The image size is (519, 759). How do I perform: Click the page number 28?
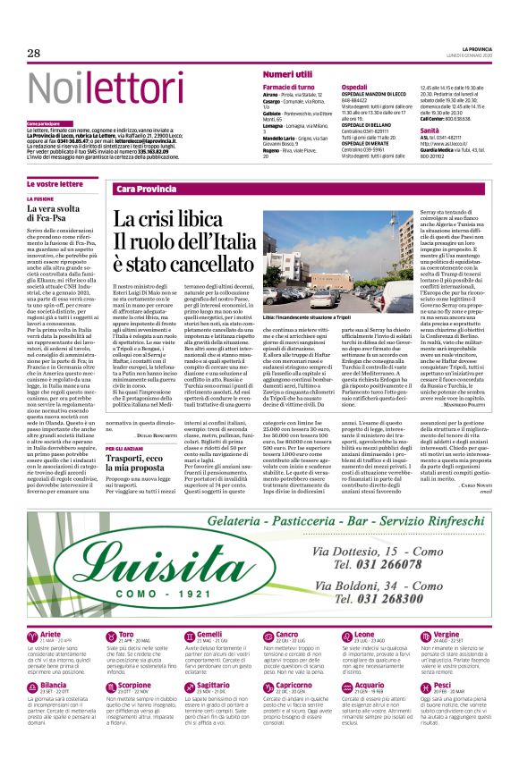pyautogui.click(x=33, y=54)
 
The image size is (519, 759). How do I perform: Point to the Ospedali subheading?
pyautogui.click(x=354, y=87)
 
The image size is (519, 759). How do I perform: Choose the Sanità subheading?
pyautogui.click(x=430, y=131)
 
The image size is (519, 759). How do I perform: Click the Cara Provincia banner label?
pyautogui.click(x=147, y=190)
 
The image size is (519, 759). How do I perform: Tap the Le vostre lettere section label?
pyautogui.click(x=55, y=183)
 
